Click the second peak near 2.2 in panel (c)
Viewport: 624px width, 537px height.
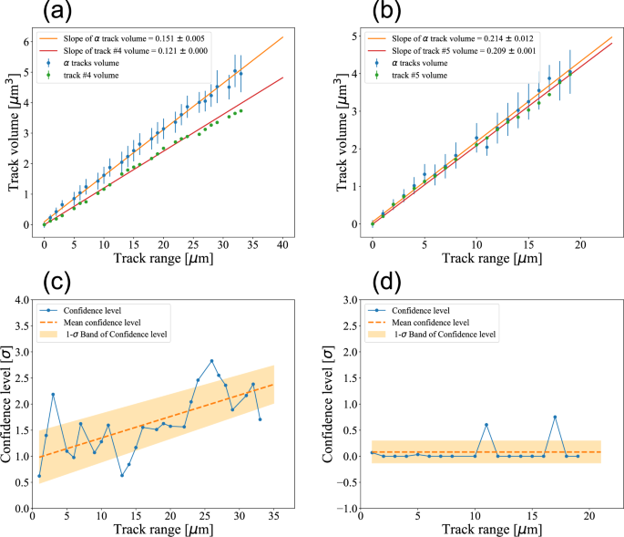tap(54, 395)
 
